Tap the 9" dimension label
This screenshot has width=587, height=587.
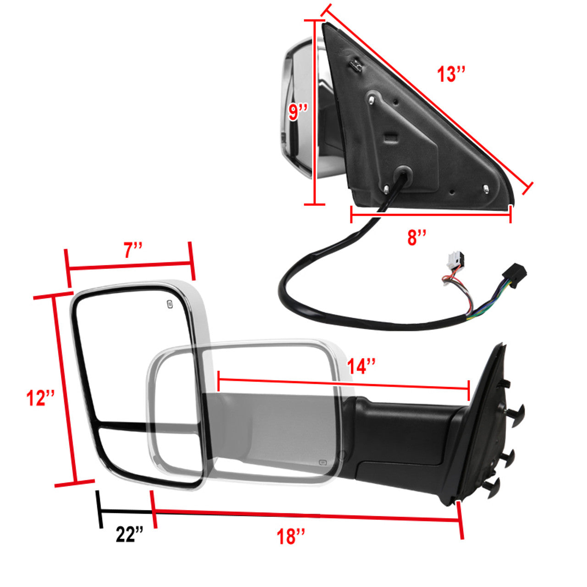[298, 112]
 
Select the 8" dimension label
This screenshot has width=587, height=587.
[417, 237]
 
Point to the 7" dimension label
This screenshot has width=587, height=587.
[133, 250]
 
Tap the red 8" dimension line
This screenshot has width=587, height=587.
[431, 214]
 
